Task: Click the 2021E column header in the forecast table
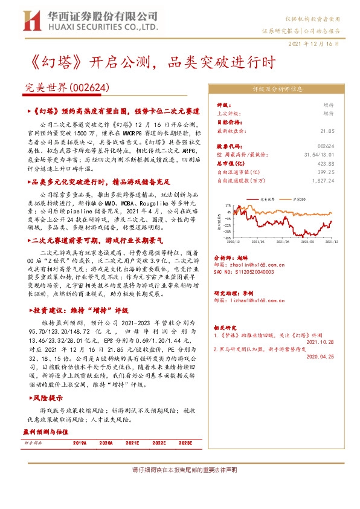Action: click(x=132, y=443)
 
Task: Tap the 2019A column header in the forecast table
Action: click(x=80, y=443)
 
